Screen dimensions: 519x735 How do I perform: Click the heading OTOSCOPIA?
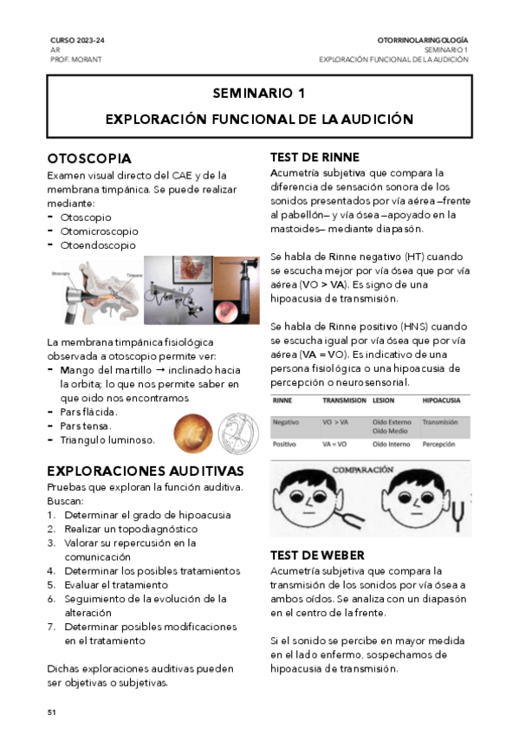(x=89, y=159)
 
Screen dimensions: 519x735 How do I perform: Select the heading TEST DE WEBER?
(x=317, y=555)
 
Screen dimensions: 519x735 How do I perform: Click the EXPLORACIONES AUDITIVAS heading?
(x=145, y=471)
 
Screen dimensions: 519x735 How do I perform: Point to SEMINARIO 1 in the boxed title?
(x=259, y=93)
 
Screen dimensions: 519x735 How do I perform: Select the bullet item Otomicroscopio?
(x=99, y=231)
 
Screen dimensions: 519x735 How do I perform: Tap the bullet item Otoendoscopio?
(x=98, y=245)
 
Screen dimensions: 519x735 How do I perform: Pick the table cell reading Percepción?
(x=438, y=443)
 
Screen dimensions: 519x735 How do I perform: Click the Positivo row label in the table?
(x=287, y=443)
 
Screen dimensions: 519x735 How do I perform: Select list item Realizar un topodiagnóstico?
(x=131, y=529)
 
